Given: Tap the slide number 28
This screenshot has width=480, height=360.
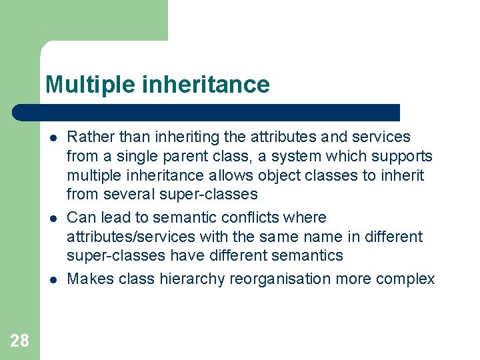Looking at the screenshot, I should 19,341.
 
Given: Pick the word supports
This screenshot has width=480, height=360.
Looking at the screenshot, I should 399,157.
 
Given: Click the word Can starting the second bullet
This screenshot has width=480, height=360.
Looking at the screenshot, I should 81,217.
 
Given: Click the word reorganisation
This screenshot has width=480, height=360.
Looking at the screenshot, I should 281,279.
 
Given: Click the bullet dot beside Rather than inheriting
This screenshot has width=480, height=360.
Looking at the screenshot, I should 52,138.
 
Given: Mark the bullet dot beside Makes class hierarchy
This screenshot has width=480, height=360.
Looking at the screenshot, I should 52,279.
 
